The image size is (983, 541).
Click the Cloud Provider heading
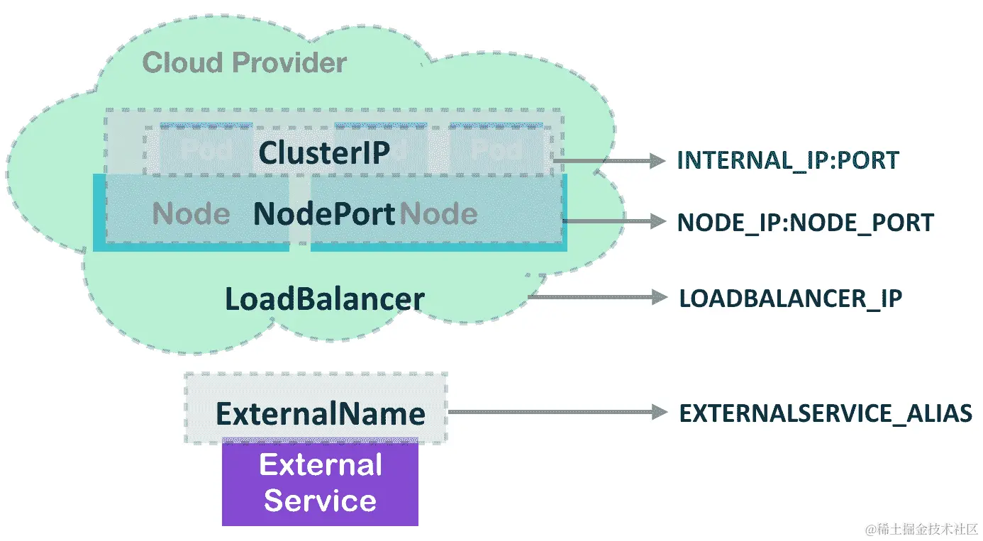pyautogui.click(x=244, y=63)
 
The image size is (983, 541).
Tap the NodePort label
pyautogui.click(x=324, y=214)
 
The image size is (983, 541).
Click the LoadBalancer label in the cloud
pyautogui.click(x=324, y=299)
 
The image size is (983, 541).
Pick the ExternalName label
pyautogui.click(x=321, y=413)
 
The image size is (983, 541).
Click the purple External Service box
pyautogui.click(x=320, y=482)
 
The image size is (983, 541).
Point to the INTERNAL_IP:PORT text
pyautogui.click(x=788, y=160)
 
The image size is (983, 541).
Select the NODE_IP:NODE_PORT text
pyautogui.click(x=805, y=223)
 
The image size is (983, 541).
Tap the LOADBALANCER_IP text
pyautogui.click(x=790, y=298)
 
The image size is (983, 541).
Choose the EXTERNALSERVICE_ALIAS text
pyautogui.click(x=825, y=413)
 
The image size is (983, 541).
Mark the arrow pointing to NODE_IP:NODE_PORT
pyautogui.click(x=614, y=221)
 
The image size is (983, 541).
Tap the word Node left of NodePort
pyautogui.click(x=191, y=214)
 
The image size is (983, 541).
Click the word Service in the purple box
pyautogui.click(x=320, y=501)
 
